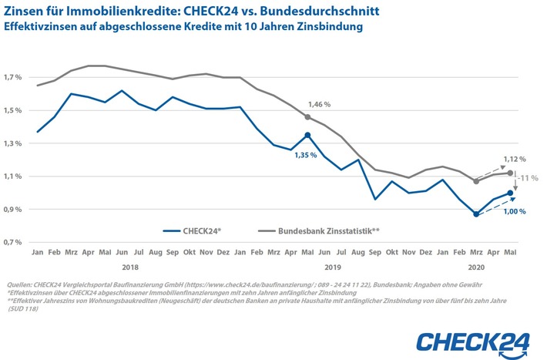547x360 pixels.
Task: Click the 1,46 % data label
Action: pyautogui.click(x=319, y=103)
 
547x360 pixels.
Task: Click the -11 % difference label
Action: pyautogui.click(x=526, y=178)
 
